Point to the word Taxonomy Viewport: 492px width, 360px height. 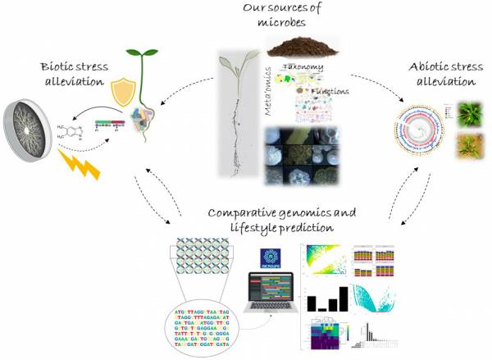coord(303,66)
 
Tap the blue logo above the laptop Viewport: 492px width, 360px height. coord(272,257)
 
